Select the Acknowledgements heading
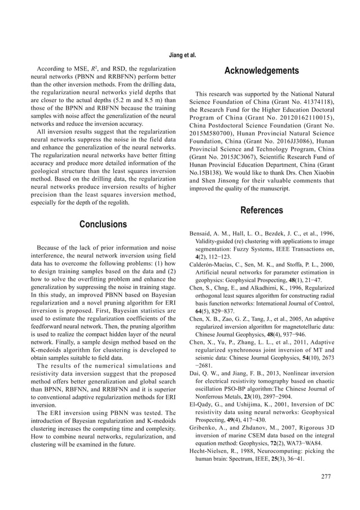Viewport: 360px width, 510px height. coord(261,71)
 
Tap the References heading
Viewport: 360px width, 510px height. coord(261,211)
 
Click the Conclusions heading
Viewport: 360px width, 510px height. coord(103,224)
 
